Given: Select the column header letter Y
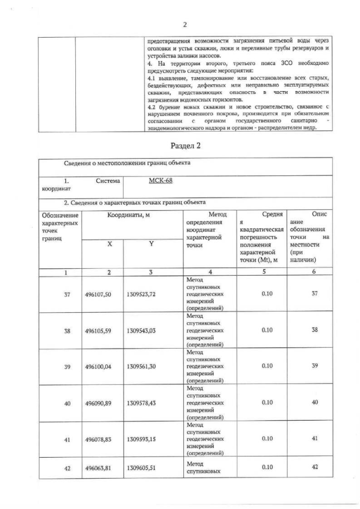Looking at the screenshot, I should [x=151, y=244].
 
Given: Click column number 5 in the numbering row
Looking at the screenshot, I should [x=263, y=272].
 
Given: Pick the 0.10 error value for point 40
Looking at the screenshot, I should [x=263, y=402].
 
